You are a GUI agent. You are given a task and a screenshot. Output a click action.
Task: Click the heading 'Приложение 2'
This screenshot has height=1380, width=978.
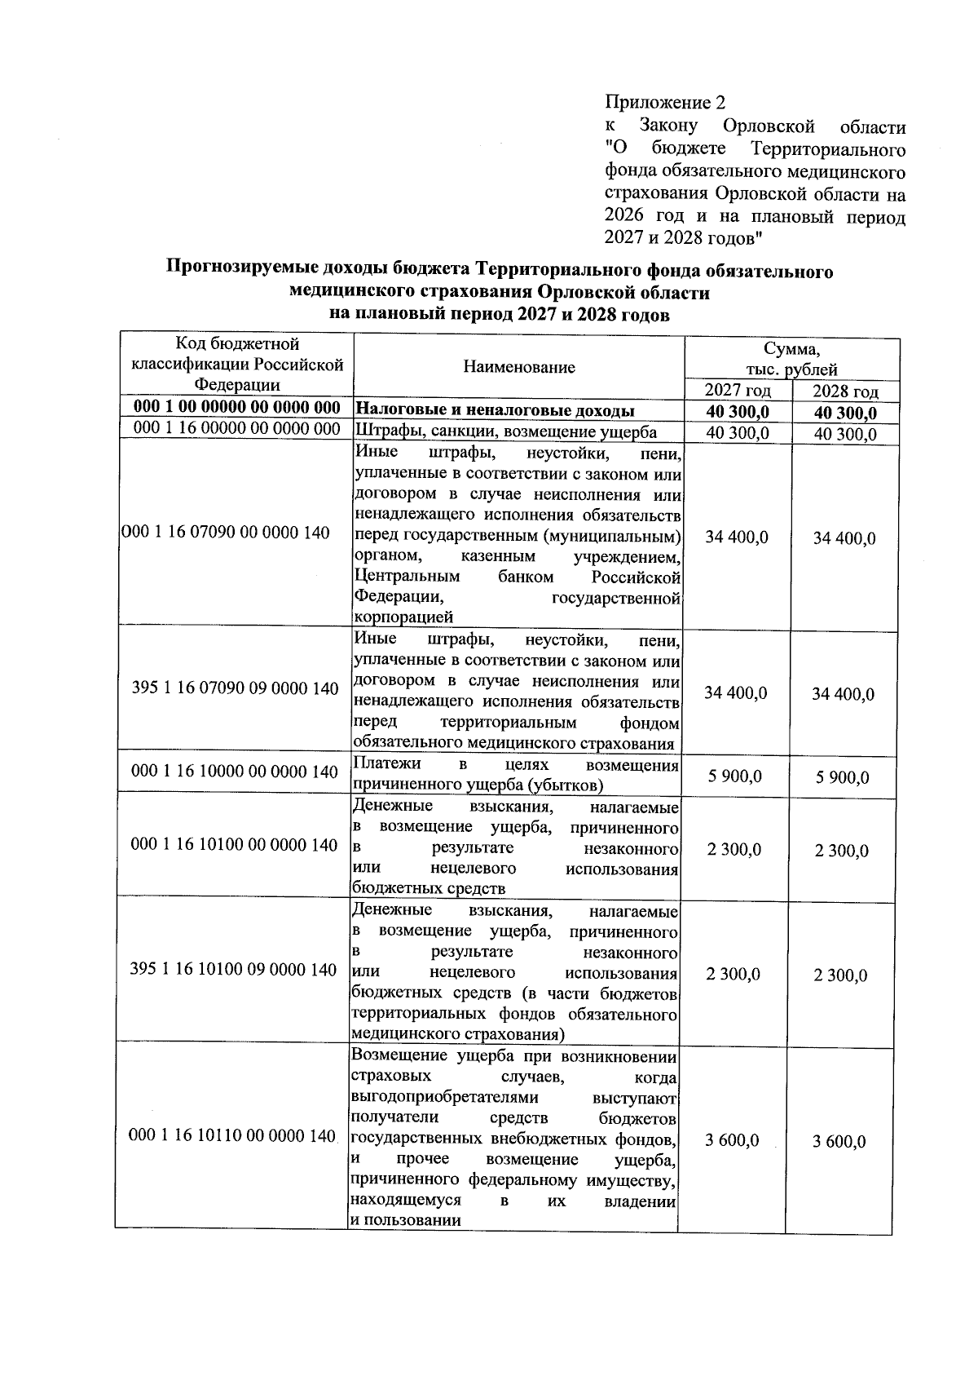(x=664, y=103)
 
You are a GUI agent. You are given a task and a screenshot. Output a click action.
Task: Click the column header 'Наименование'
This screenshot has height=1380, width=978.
(x=519, y=367)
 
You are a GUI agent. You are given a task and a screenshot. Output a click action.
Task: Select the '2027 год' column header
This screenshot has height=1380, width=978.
(x=737, y=391)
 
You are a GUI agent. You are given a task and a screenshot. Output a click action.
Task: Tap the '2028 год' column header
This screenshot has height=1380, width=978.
(x=845, y=391)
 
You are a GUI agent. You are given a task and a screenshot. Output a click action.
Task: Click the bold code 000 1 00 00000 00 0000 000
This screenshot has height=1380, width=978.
(x=236, y=409)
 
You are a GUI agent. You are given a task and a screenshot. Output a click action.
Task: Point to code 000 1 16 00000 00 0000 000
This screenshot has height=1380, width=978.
(x=236, y=429)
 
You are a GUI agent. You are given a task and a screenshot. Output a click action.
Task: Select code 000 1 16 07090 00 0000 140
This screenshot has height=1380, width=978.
(x=226, y=533)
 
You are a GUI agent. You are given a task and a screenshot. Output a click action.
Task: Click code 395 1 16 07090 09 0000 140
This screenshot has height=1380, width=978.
(x=235, y=688)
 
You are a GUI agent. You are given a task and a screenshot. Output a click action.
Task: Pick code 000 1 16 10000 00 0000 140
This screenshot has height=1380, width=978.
(x=235, y=772)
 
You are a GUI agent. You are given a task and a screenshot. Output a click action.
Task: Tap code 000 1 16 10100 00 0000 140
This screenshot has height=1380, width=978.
(x=235, y=845)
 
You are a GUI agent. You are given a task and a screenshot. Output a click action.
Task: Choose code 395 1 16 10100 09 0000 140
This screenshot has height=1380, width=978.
(x=234, y=970)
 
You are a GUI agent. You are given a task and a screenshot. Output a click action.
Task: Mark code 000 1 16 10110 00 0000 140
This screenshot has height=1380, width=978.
(x=233, y=1136)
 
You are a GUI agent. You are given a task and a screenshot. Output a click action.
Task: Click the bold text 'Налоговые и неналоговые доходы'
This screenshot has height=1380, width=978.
(x=497, y=410)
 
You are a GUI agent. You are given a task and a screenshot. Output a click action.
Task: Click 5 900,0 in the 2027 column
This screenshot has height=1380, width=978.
(x=734, y=776)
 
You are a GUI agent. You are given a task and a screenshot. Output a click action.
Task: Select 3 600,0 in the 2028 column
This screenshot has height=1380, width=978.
(x=839, y=1141)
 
